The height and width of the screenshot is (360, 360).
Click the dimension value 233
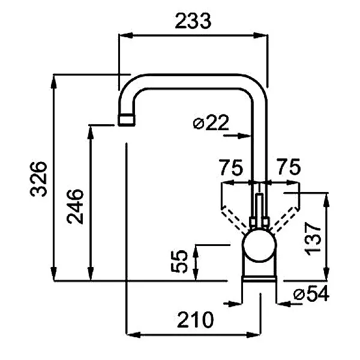pyautogui.click(x=193, y=21)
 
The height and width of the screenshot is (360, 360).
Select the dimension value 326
pyautogui.click(x=39, y=178)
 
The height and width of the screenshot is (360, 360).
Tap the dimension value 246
pyautogui.click(x=75, y=205)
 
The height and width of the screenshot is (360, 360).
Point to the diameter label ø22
pyautogui.click(x=211, y=123)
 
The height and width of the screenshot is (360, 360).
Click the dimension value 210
pyautogui.click(x=195, y=319)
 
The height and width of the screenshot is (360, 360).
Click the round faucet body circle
pyautogui.click(x=259, y=248)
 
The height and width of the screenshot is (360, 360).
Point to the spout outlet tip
pyautogui.click(x=126, y=119)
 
